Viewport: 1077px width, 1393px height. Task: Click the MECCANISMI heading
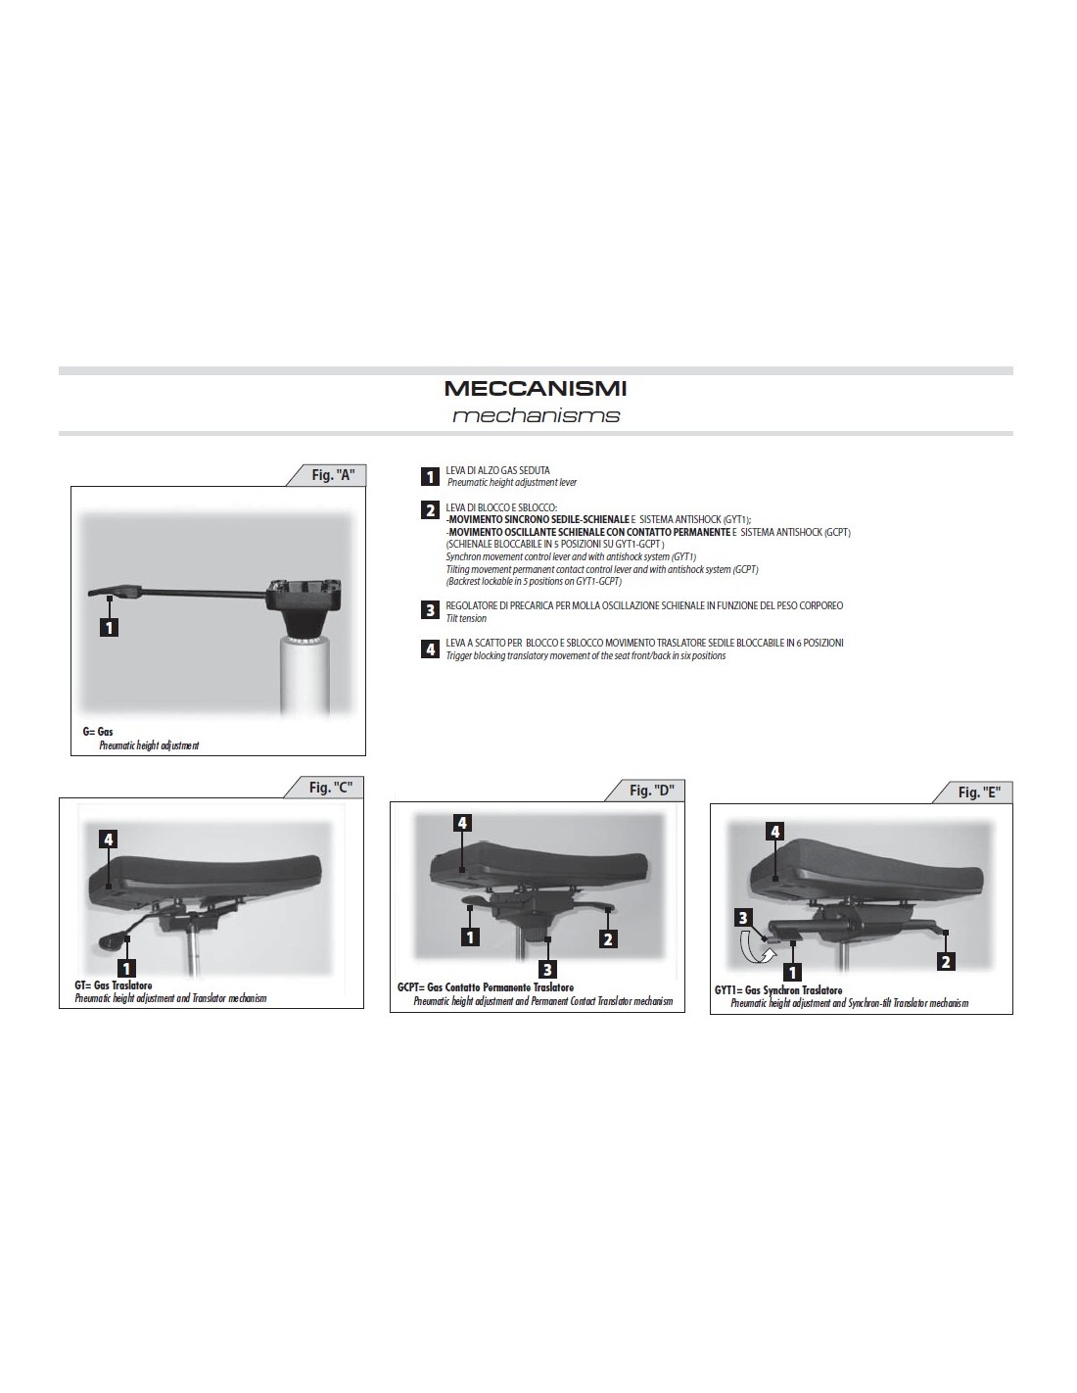(535, 389)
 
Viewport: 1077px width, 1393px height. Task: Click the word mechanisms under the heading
(536, 416)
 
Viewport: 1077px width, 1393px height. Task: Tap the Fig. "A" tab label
(333, 475)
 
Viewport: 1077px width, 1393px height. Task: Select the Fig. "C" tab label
(331, 788)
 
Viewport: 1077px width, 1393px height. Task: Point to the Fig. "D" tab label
(651, 791)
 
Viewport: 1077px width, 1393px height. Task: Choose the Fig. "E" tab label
(979, 793)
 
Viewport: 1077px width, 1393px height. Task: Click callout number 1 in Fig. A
(109, 627)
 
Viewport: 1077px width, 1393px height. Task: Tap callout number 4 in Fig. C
(109, 840)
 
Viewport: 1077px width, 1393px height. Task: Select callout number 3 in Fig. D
(546, 969)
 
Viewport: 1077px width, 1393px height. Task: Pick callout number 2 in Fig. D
(607, 939)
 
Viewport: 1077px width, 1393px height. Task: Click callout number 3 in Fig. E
(742, 918)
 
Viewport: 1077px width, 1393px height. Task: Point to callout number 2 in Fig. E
(945, 961)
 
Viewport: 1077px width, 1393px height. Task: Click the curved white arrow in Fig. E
(754, 948)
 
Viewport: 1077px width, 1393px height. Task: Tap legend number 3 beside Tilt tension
(430, 610)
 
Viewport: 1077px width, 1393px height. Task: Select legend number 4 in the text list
(430, 648)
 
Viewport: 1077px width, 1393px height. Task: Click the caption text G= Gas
(97, 732)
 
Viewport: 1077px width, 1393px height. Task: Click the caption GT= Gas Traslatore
(114, 985)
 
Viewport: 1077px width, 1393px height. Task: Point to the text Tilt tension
(466, 618)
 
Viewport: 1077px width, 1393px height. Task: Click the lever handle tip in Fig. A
(91, 595)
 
